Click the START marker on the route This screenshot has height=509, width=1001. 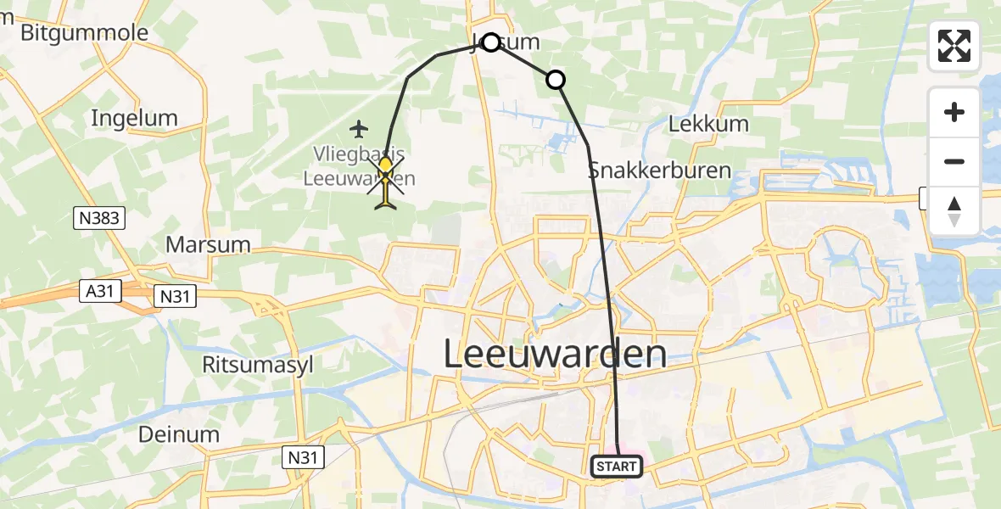click(x=617, y=466)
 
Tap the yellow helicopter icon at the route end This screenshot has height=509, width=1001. click(x=386, y=180)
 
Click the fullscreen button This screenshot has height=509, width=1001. click(x=954, y=46)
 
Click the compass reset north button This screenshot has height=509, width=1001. click(x=954, y=210)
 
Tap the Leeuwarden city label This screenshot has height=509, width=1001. click(x=555, y=355)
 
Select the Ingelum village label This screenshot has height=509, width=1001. click(x=134, y=118)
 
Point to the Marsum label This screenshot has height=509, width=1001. click(x=208, y=244)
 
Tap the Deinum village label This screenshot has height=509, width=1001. click(x=180, y=434)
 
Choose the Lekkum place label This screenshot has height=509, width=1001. click(x=708, y=124)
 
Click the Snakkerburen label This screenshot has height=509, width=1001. click(x=659, y=170)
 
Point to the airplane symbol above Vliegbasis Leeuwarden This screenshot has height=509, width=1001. click(x=360, y=130)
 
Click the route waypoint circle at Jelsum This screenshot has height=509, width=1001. click(x=490, y=42)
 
